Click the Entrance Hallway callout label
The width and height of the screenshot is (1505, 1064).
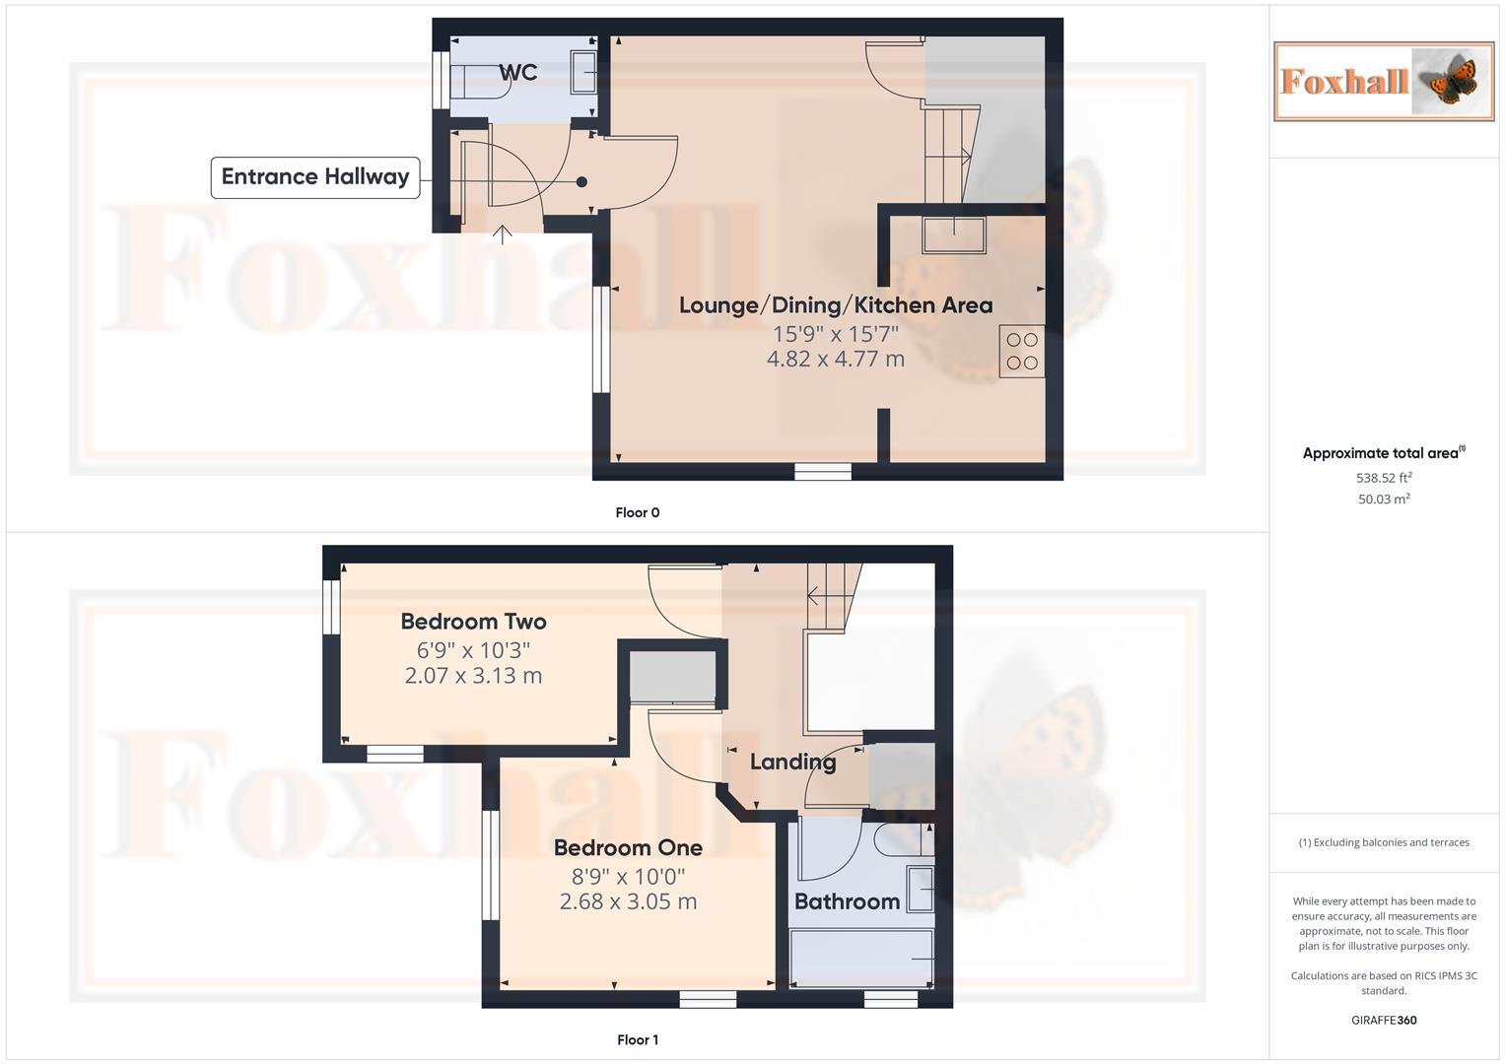tap(315, 177)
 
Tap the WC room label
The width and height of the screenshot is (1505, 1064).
tap(517, 72)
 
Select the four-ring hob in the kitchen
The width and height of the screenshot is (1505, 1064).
tap(1022, 351)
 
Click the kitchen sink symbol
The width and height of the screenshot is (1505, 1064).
tap(953, 235)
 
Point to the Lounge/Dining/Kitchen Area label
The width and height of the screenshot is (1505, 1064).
tap(835, 305)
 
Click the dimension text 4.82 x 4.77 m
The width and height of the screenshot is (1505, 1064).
tap(835, 359)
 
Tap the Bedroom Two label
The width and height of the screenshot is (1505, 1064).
tap(473, 622)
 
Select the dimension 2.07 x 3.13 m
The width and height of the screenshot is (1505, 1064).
tap(473, 676)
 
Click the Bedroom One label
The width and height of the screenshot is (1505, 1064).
tap(628, 847)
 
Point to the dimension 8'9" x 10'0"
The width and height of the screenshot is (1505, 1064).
tap(628, 876)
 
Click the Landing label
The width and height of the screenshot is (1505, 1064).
tap(792, 762)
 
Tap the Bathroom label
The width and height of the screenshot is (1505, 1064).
tap(847, 901)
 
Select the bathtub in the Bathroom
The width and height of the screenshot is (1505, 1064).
tap(861, 958)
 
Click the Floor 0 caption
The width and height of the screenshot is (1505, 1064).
tap(638, 512)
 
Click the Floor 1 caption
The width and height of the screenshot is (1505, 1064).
tap(638, 1039)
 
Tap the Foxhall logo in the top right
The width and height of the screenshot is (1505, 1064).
tap(1384, 81)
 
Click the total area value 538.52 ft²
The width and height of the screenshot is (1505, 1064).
tap(1384, 478)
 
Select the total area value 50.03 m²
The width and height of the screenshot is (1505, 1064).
tap(1384, 499)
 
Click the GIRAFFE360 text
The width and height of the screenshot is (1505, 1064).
tap(1384, 1020)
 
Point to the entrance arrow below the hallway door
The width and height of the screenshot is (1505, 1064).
tap(503, 233)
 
